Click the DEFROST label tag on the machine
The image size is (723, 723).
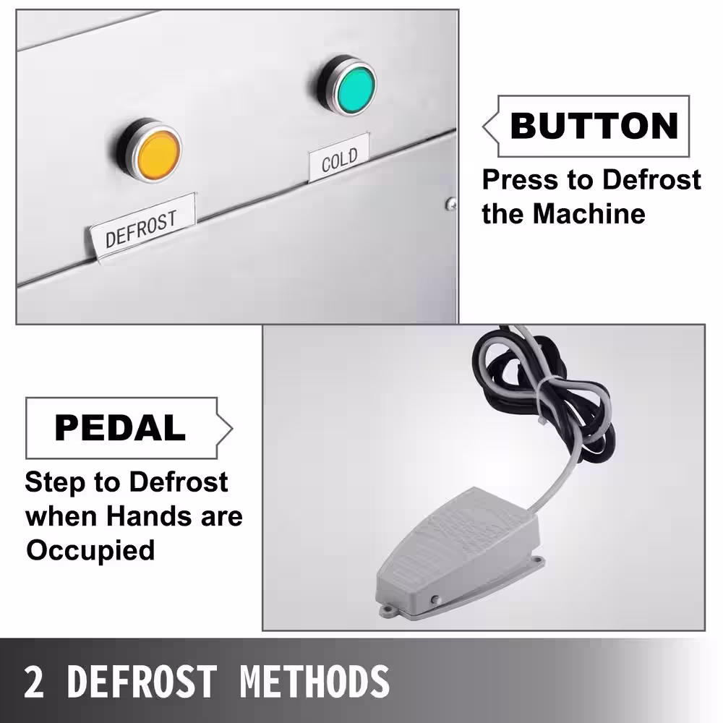coord(142,227)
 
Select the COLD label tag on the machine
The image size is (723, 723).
coord(339,158)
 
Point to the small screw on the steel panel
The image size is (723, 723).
coord(451,203)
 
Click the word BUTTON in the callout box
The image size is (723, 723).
coord(594,126)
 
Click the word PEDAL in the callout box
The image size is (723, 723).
coord(120,427)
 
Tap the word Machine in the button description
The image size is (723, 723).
coord(589,214)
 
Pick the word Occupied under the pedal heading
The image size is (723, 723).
coord(90,550)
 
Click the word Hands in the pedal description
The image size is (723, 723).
coord(149,516)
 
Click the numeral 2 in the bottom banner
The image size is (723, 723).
coord(34,682)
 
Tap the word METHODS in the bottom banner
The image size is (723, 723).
coord(315,682)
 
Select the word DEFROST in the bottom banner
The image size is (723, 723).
coord(142,682)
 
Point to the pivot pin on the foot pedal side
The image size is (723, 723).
coord(435,600)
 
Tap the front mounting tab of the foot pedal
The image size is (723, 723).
coord(390,612)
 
